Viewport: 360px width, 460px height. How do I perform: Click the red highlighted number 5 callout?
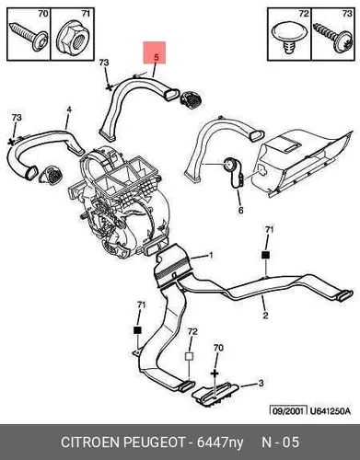click(155, 52)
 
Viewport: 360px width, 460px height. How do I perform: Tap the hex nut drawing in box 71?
click(72, 39)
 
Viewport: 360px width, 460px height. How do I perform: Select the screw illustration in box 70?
click(29, 36)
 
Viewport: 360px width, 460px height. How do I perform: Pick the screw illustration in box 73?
click(333, 38)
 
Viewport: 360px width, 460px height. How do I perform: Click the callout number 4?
click(69, 109)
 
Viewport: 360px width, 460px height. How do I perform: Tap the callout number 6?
click(240, 210)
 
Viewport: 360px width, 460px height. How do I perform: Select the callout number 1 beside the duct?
click(211, 255)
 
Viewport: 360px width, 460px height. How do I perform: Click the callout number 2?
click(265, 315)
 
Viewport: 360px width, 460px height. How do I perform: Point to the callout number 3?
click(261, 383)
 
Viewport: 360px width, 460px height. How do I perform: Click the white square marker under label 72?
click(190, 357)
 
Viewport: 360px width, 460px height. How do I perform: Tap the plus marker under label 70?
click(215, 374)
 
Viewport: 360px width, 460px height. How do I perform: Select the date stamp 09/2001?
click(288, 410)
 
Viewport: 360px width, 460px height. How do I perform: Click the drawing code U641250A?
click(330, 410)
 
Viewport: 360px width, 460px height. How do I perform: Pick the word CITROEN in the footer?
click(90, 443)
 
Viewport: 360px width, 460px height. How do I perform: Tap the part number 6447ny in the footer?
click(220, 443)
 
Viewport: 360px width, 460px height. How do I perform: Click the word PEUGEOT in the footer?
click(154, 443)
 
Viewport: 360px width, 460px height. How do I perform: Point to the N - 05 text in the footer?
click(280, 443)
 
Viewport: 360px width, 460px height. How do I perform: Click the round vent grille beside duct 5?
click(191, 99)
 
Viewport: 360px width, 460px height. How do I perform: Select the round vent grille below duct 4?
click(51, 175)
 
